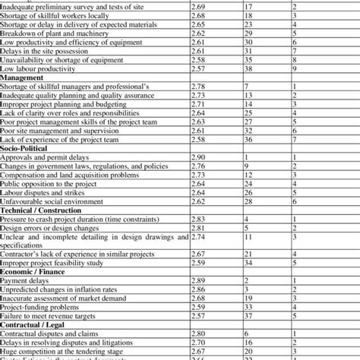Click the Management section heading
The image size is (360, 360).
click(23, 78)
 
